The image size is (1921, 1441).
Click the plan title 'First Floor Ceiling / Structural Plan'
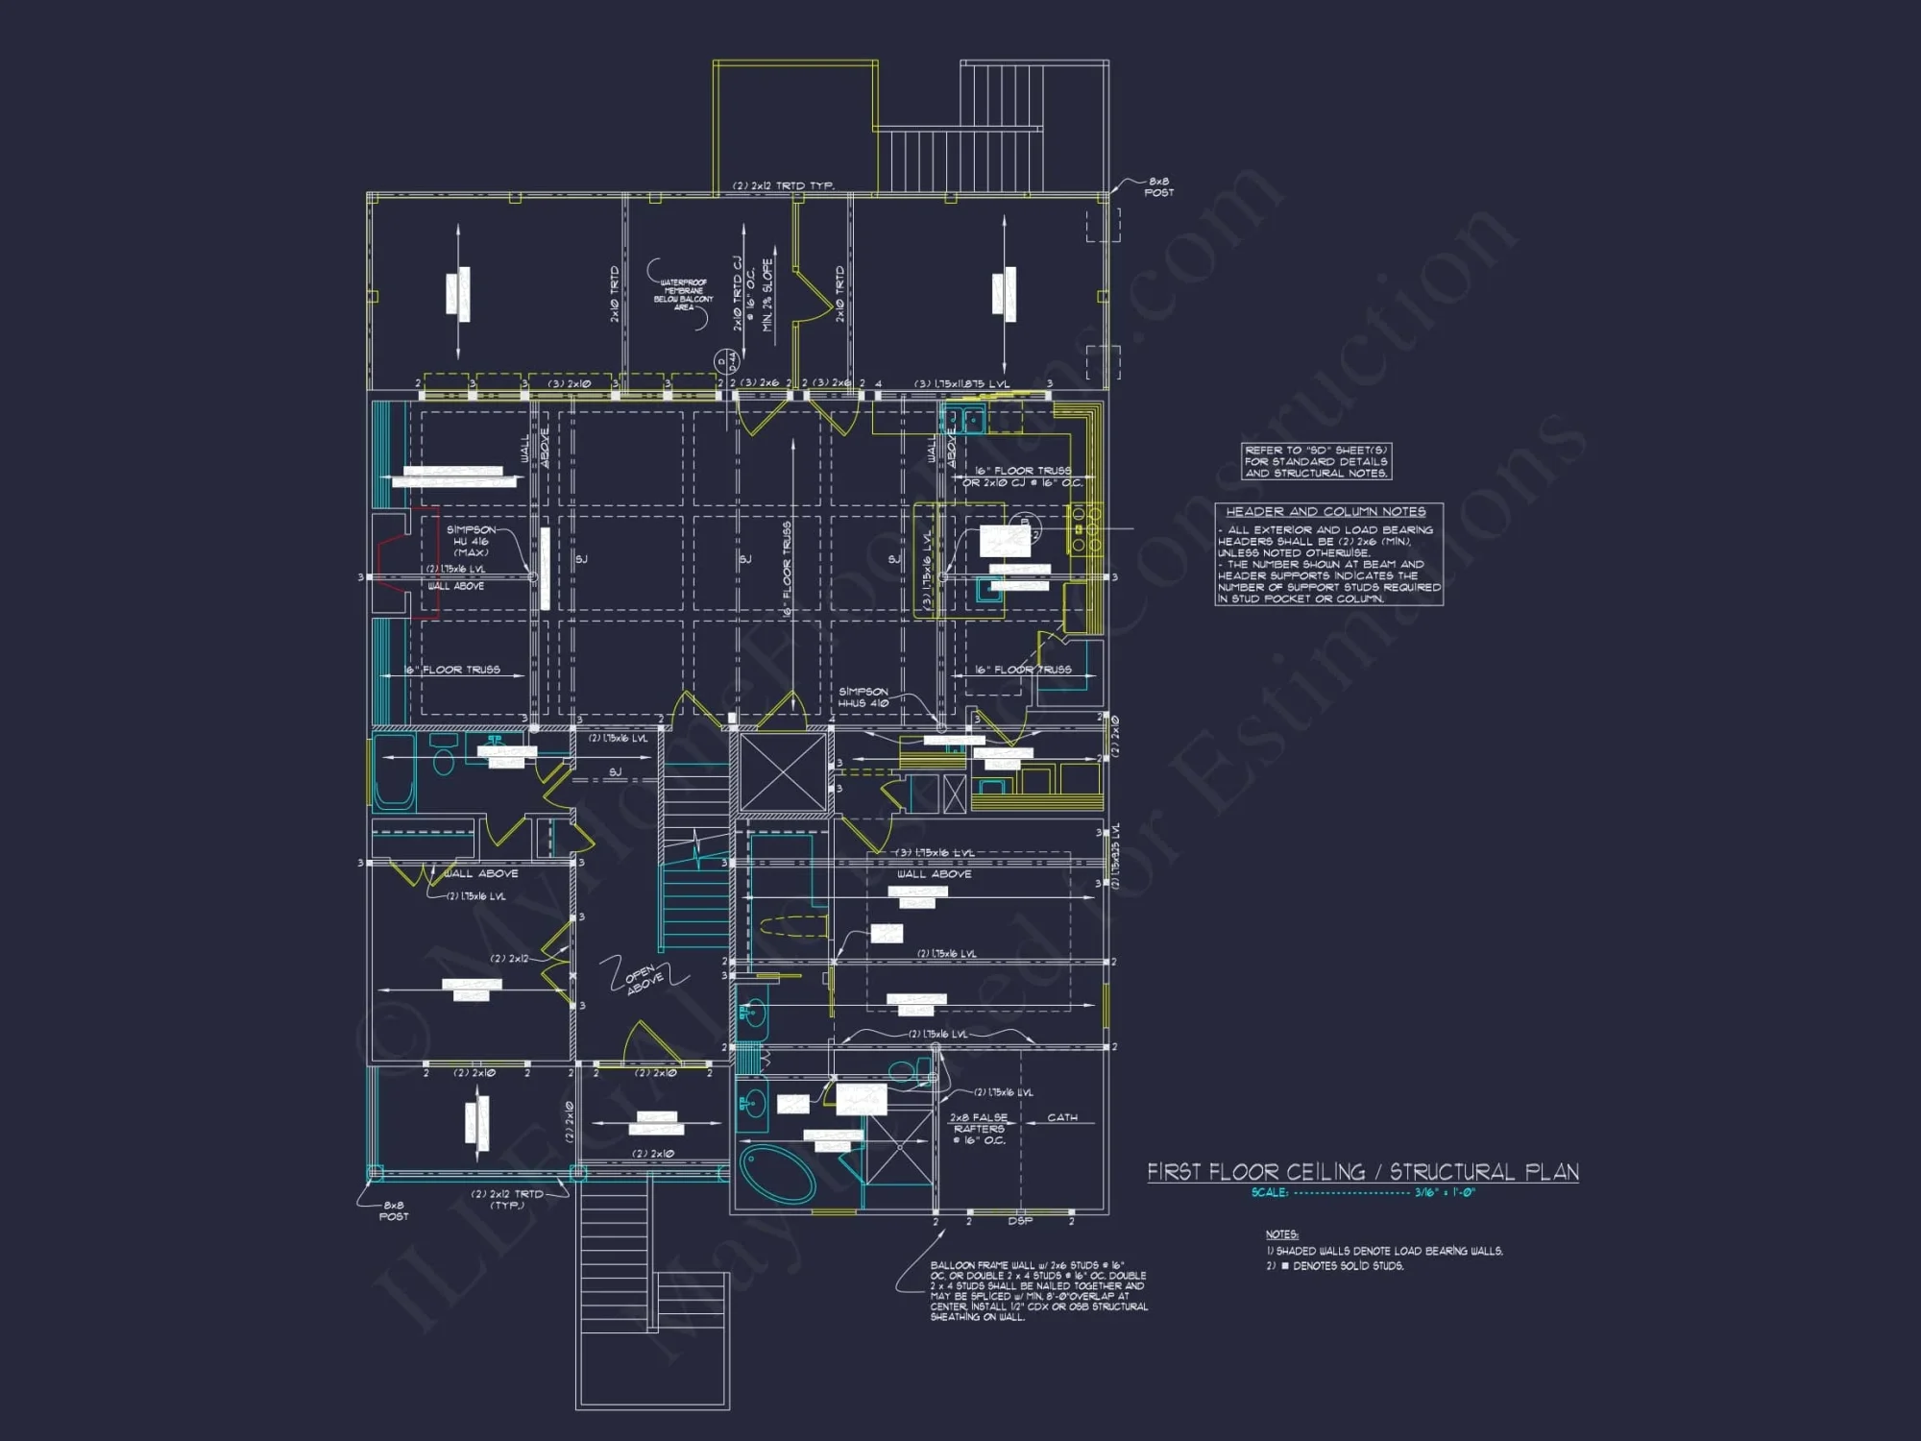(1362, 1172)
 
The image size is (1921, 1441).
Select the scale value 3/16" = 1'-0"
(1444, 1192)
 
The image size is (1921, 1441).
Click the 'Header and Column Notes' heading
(1325, 512)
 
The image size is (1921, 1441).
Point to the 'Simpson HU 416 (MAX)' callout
(471, 541)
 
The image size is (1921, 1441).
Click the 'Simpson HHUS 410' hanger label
(863, 697)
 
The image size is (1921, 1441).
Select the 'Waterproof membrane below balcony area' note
(683, 294)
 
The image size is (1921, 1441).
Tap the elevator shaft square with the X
(783, 773)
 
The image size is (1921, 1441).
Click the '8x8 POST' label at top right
(1158, 186)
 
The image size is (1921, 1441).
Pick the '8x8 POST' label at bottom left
(393, 1210)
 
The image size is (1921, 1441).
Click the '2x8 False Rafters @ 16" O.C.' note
(979, 1129)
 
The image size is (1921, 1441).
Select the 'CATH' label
(1061, 1117)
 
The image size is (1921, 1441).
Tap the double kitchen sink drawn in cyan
(963, 420)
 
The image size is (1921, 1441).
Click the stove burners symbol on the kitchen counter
(1085, 529)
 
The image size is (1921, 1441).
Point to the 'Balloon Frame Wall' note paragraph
(1037, 1291)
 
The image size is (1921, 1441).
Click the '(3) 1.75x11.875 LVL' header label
(961, 383)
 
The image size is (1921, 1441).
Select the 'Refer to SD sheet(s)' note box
(1316, 461)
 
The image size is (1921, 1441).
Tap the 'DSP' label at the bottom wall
(1020, 1221)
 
